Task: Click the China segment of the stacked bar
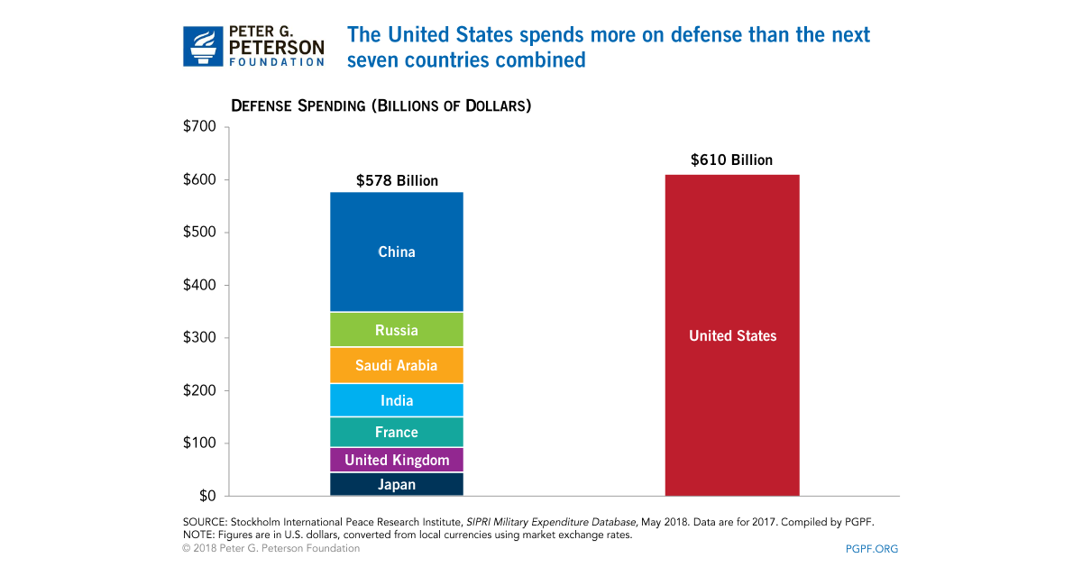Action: (397, 251)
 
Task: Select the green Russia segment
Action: (397, 330)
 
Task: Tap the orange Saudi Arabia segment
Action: (397, 365)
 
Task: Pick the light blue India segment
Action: (397, 400)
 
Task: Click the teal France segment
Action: (397, 432)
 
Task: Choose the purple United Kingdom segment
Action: (397, 460)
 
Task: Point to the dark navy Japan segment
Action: (397, 484)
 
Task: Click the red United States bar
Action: (732, 335)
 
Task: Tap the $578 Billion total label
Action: (397, 181)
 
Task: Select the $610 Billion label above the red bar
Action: (731, 160)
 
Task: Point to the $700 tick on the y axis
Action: (198, 127)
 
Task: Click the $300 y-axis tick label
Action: (198, 338)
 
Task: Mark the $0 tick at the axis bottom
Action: (206, 496)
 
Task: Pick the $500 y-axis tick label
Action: (198, 233)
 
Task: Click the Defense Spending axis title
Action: (381, 105)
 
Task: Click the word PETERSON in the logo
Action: (277, 45)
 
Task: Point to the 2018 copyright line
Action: (270, 548)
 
